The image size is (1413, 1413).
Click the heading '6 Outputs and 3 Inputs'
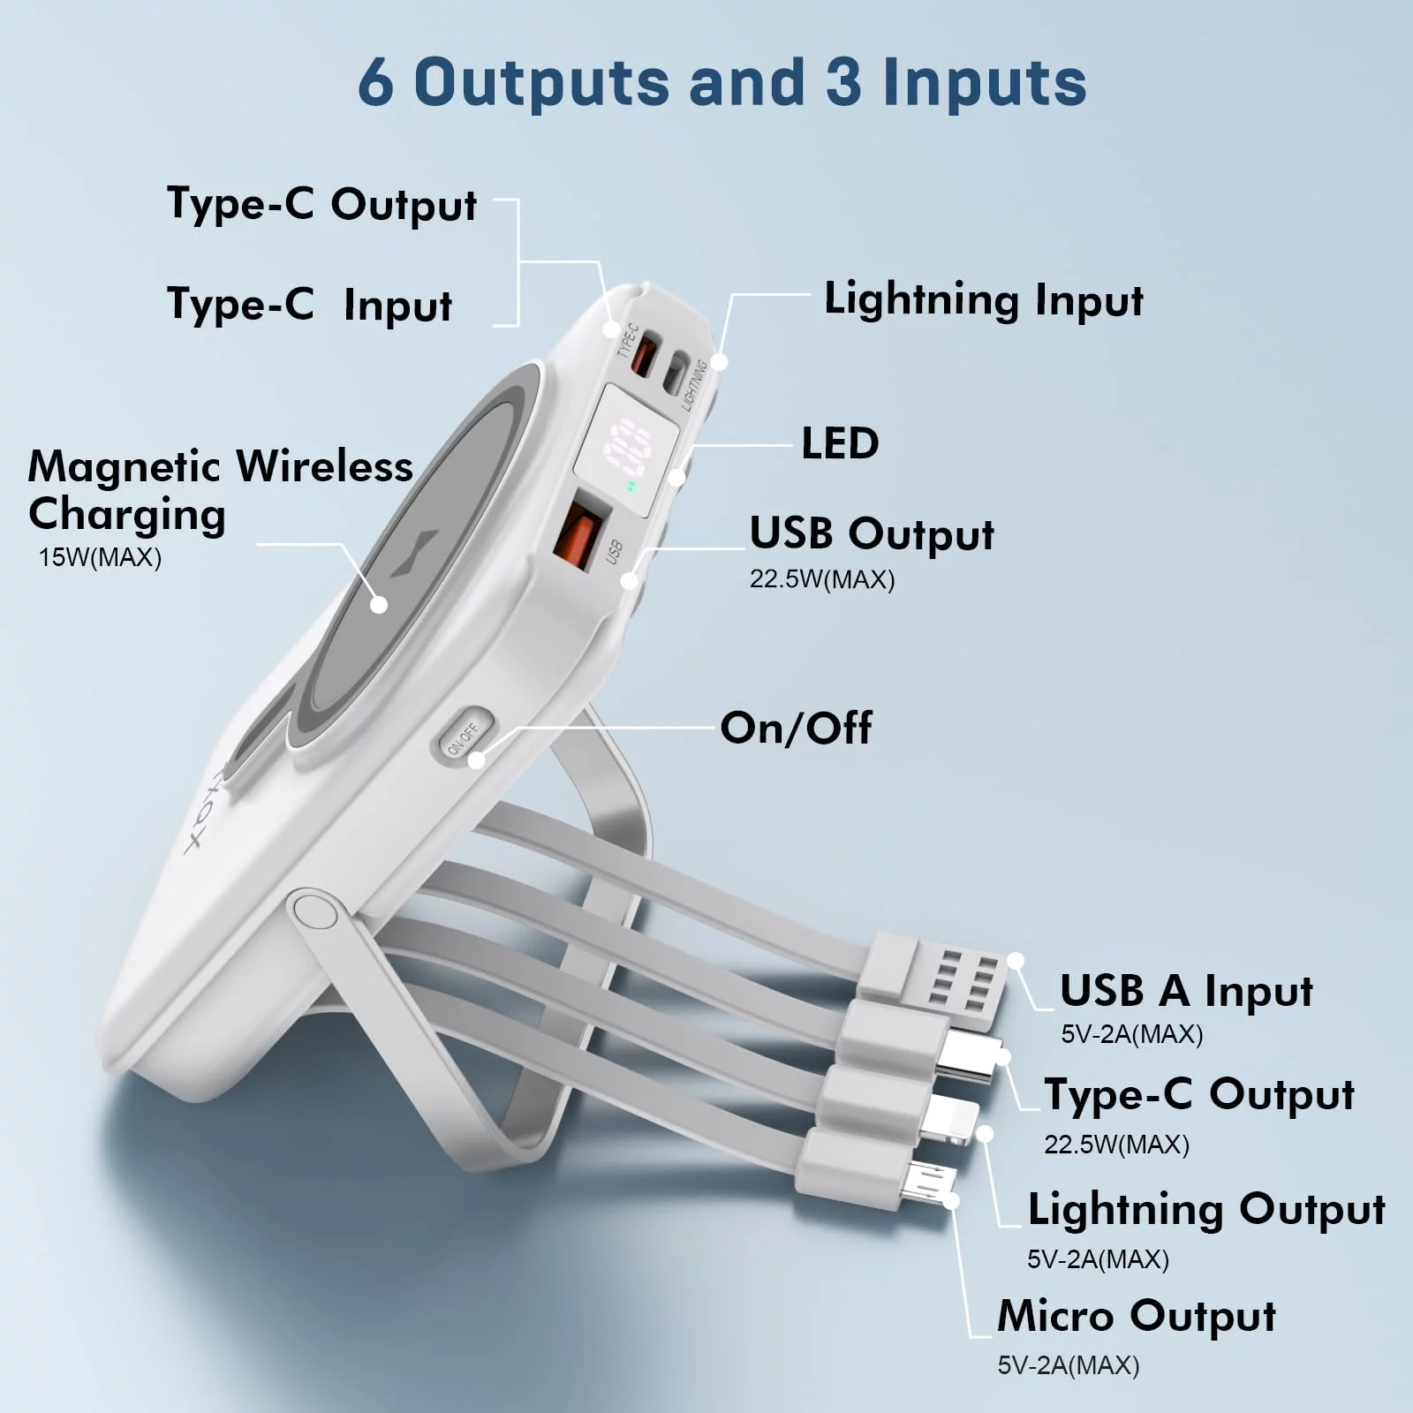point(722,82)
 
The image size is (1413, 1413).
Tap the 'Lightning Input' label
point(983,300)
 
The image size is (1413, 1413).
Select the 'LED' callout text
point(840,443)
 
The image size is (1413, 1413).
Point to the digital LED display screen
point(627,449)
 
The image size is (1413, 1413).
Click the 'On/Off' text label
point(796,729)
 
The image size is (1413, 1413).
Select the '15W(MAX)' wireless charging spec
point(100,558)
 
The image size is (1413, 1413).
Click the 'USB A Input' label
point(1186,991)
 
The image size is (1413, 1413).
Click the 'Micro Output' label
point(1137,1316)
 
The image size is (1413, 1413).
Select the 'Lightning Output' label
point(1206,1210)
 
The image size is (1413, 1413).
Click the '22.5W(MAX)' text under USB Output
point(822,579)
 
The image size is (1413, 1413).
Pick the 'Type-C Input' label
point(310,306)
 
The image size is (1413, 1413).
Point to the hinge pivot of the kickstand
point(314,912)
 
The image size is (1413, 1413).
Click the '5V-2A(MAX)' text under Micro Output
point(1069,1365)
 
